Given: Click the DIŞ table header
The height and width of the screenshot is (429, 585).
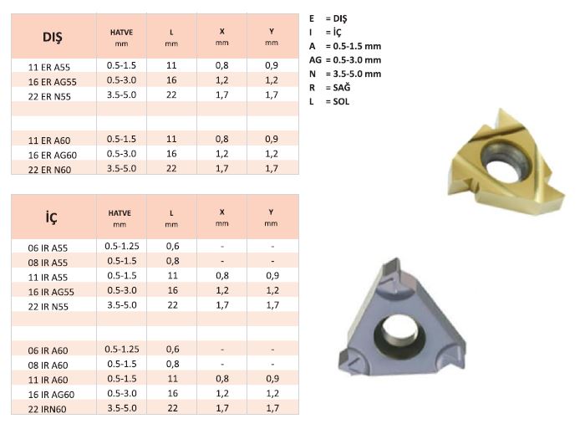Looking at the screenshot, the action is coord(52,37).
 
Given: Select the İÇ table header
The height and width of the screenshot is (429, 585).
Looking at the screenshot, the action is coord(52,217).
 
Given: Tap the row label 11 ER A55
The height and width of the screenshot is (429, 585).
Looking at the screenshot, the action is coord(48,67).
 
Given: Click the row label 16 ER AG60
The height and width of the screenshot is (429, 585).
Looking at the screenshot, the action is coord(52,155).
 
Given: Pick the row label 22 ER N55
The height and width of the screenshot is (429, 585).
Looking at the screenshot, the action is coord(49,96).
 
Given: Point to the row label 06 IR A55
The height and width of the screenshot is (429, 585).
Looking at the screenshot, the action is coord(48,248).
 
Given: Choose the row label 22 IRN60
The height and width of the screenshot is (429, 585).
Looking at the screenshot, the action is coord(47,409).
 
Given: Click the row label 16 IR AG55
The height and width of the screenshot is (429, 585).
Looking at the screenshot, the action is coord(51,292).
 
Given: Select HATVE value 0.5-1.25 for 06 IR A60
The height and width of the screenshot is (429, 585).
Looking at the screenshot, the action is coord(122,349).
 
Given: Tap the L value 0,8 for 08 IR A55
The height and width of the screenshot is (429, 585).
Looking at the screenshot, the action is coord(172,261).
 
